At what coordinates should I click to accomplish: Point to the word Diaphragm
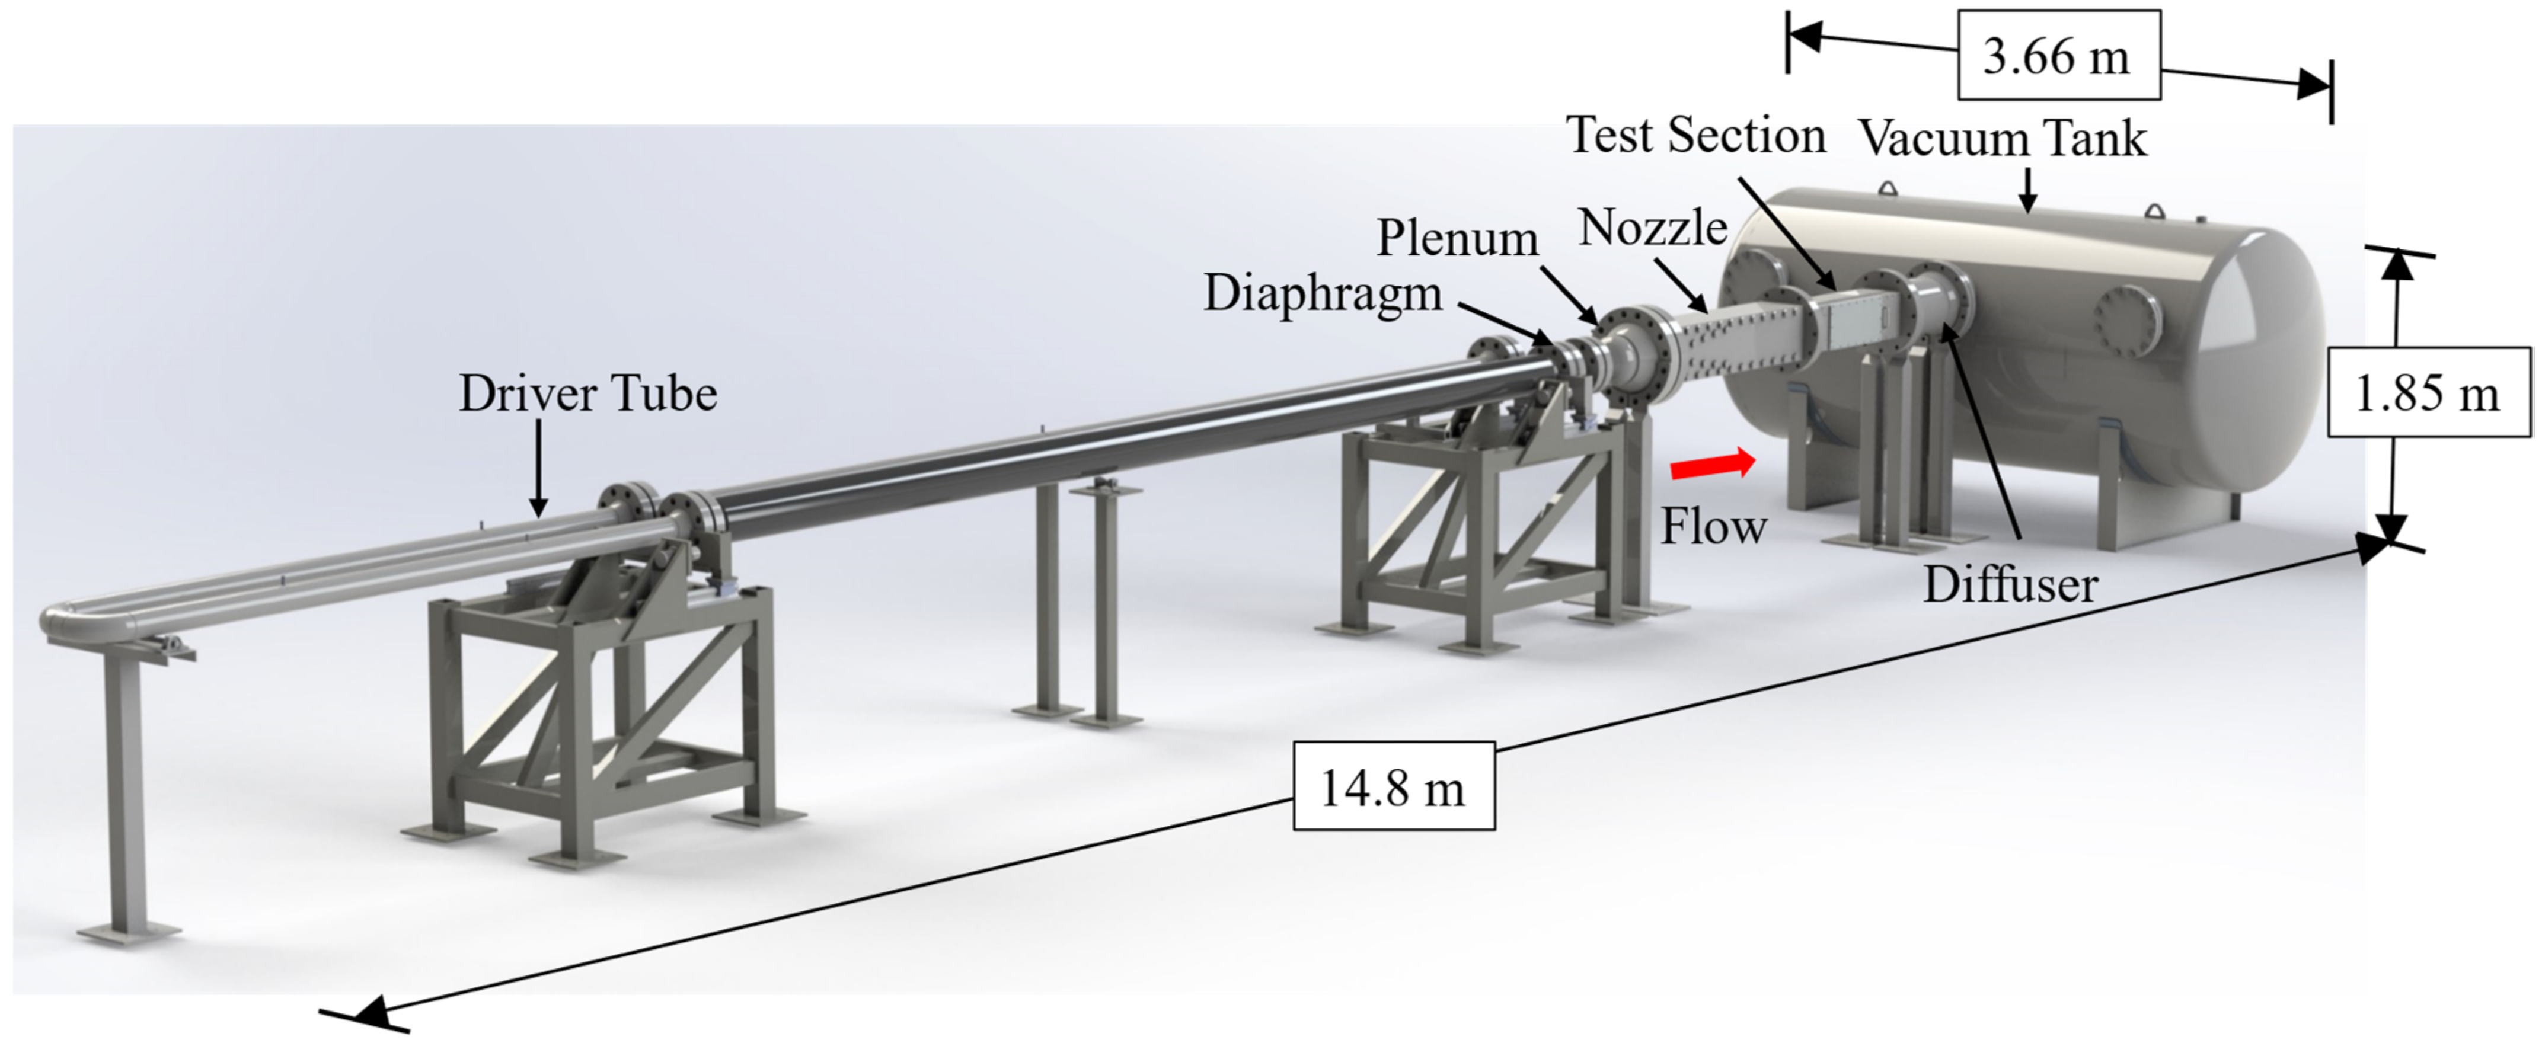[x=1323, y=294]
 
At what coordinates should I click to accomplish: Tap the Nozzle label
[x=1653, y=229]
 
